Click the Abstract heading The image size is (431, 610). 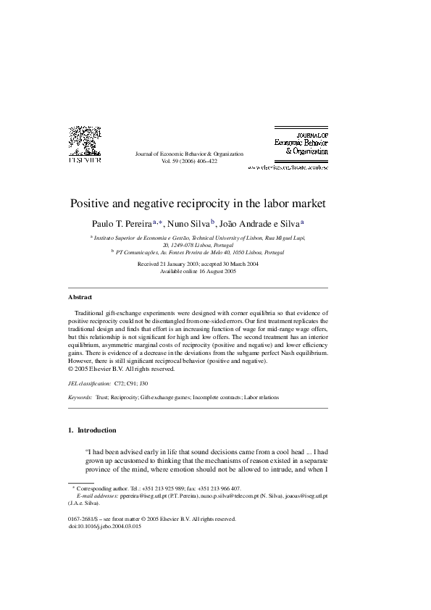point(80,297)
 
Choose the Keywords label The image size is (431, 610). point(80,398)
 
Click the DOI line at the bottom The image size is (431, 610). point(104,527)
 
